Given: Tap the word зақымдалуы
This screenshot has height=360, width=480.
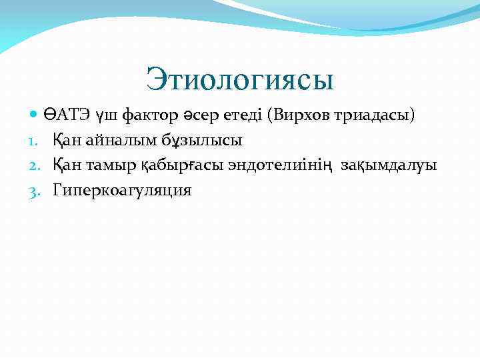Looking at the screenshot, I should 389,166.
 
